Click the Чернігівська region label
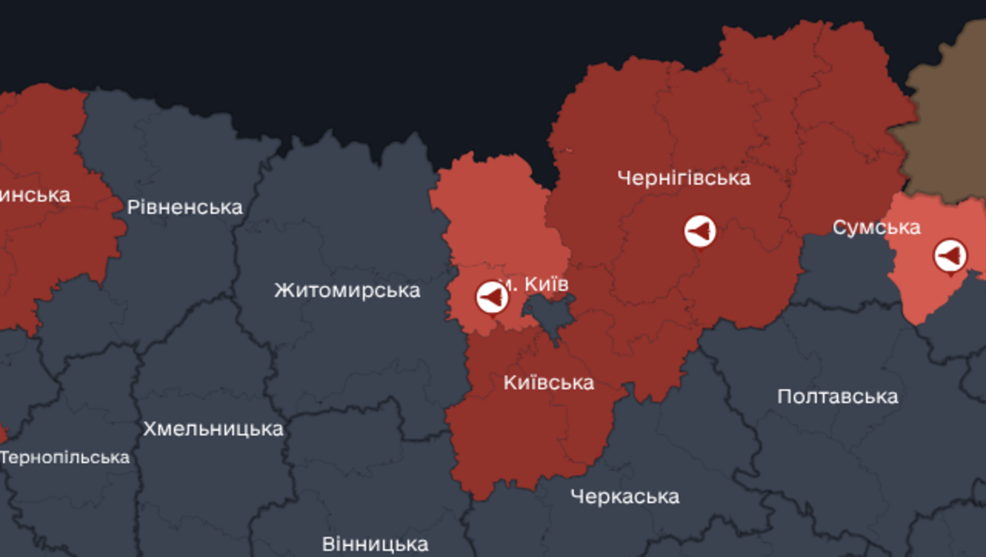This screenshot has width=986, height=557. point(683,177)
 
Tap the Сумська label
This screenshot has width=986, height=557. point(876,228)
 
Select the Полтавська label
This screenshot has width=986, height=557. point(837,396)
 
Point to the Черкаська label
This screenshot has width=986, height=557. point(624,497)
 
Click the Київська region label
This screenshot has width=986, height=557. point(549,383)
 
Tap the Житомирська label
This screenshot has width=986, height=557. point(347,290)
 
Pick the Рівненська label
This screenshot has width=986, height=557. point(184,208)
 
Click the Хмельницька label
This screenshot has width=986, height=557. point(212,429)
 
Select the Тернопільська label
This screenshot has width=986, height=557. point(65,458)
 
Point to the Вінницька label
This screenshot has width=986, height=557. point(375,544)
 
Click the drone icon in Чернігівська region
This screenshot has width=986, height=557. point(700,232)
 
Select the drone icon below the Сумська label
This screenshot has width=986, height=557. point(949,256)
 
